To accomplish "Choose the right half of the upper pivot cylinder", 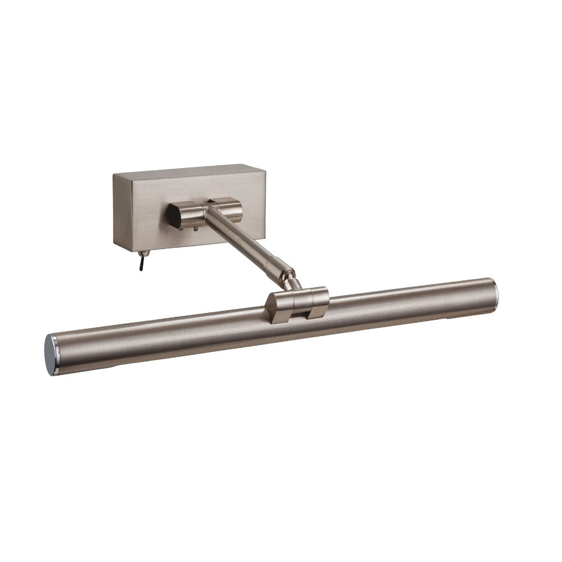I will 230,211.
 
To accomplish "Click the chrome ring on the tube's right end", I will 496,293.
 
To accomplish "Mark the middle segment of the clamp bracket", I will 301,301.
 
